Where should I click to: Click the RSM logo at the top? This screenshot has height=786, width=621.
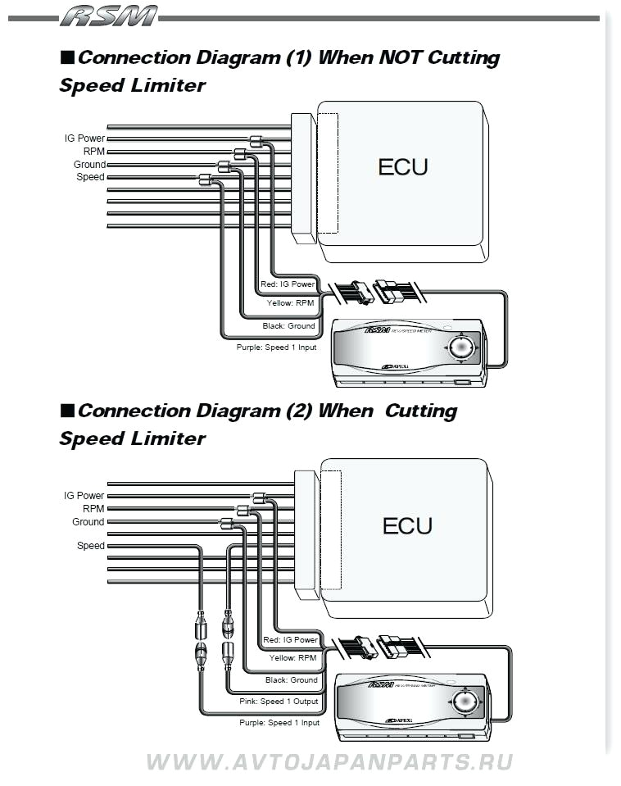pyautogui.click(x=108, y=16)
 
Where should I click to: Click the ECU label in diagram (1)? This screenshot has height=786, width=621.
pyautogui.click(x=402, y=167)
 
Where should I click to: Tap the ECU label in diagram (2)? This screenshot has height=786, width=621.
pyautogui.click(x=406, y=525)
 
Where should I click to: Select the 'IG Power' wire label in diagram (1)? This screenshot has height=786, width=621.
pyautogui.click(x=84, y=139)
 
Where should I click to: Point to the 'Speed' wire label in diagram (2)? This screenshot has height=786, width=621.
pyautogui.click(x=90, y=546)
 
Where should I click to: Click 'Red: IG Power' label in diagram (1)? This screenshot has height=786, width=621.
pyautogui.click(x=288, y=284)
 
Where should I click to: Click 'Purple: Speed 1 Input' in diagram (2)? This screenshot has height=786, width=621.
pyautogui.click(x=279, y=723)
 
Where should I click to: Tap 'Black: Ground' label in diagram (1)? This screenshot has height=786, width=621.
pyautogui.click(x=288, y=326)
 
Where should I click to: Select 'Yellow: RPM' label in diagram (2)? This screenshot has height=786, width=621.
pyautogui.click(x=292, y=658)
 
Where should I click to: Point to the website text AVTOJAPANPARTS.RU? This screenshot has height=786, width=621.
pyautogui.click(x=329, y=762)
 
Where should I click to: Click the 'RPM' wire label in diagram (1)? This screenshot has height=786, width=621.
pyautogui.click(x=93, y=152)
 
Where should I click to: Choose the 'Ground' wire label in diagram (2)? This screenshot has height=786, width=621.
pyautogui.click(x=88, y=522)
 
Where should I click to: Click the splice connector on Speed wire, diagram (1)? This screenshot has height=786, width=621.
pyautogui.click(x=205, y=179)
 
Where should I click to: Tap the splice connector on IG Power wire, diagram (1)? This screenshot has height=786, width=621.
pyautogui.click(x=255, y=141)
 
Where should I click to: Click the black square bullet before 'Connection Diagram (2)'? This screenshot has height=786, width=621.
pyautogui.click(x=67, y=410)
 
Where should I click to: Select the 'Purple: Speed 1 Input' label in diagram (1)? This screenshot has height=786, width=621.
pyautogui.click(x=277, y=348)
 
